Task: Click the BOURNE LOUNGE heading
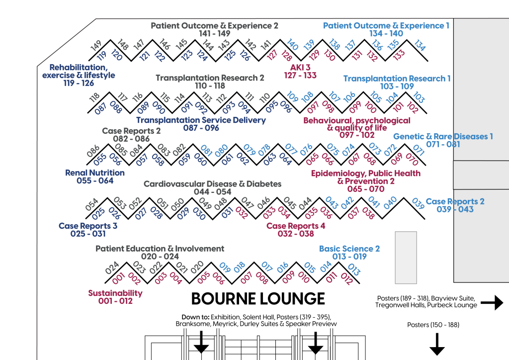(x=258, y=299)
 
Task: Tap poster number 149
(x=96, y=46)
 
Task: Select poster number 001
(x=118, y=278)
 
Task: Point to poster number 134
(x=420, y=46)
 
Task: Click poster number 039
(x=418, y=203)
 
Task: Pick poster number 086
(x=93, y=151)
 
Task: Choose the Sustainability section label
(x=115, y=293)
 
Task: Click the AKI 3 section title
(x=300, y=67)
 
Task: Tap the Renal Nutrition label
(x=95, y=173)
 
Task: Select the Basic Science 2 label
(x=349, y=249)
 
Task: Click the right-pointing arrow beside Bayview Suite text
(x=492, y=302)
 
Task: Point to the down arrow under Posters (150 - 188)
(x=437, y=344)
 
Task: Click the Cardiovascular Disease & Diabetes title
(x=213, y=184)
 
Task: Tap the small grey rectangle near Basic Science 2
(x=406, y=258)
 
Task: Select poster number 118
(x=94, y=98)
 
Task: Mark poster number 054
(x=92, y=204)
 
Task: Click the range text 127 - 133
(x=300, y=75)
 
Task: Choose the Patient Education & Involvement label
(x=160, y=249)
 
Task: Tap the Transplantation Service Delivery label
(x=201, y=120)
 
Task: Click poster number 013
(x=354, y=270)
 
